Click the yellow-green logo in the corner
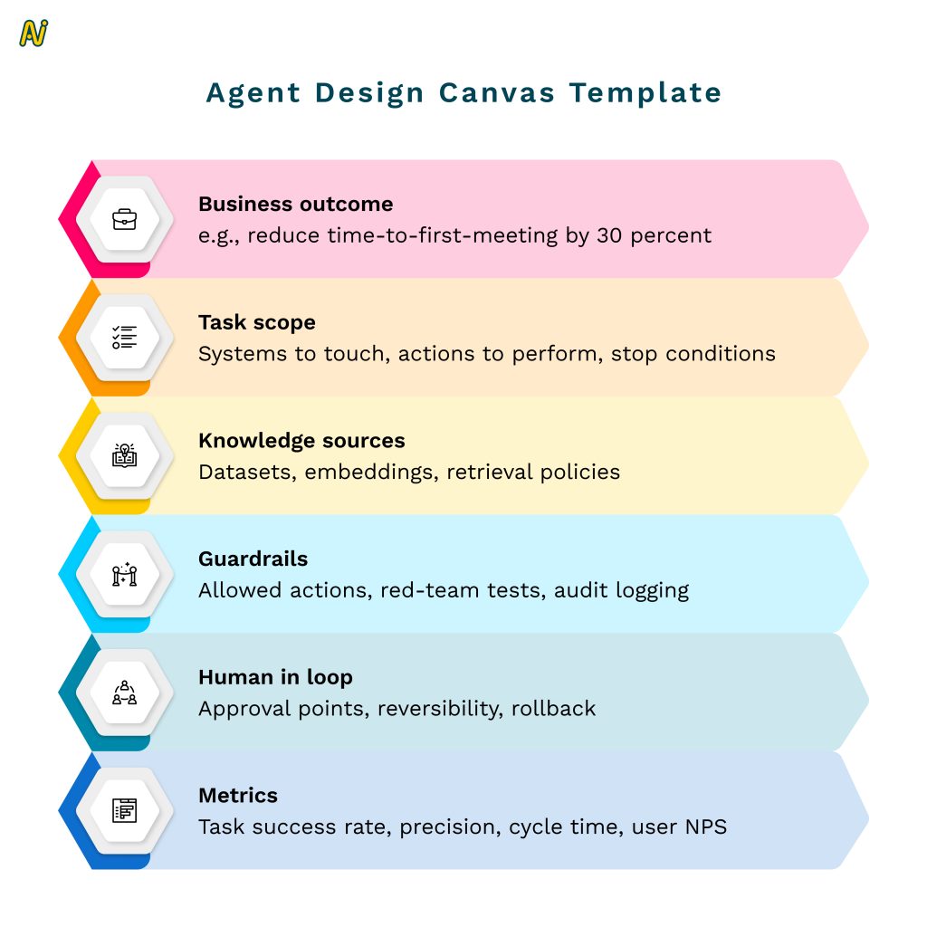point(33,33)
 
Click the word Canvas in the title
point(497,93)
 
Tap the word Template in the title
point(645,94)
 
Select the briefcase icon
point(125,219)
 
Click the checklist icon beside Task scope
point(125,337)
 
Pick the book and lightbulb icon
point(125,455)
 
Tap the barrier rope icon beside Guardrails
point(125,574)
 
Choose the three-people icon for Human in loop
point(125,693)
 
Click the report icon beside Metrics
point(125,810)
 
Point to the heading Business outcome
point(296,204)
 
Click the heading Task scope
point(257,323)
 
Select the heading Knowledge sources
point(301,441)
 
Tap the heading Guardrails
point(253,559)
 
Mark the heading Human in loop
point(275,677)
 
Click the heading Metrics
point(238,796)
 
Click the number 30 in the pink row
point(609,236)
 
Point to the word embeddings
point(371,473)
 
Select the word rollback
point(553,708)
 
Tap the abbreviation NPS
point(706,827)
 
